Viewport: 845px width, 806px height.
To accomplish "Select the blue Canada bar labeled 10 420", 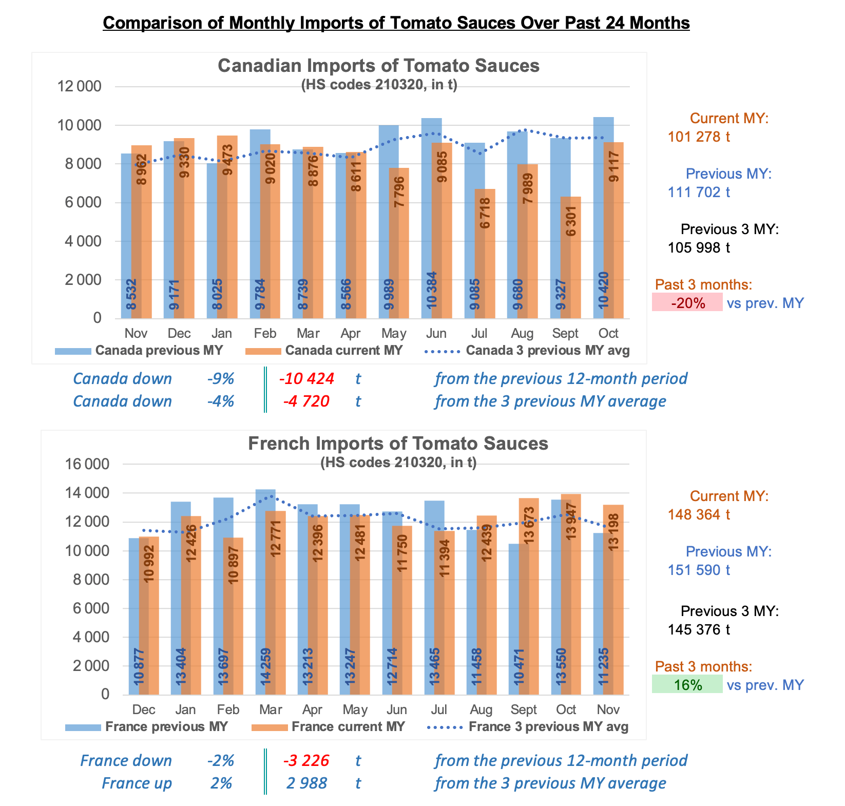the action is (x=603, y=218).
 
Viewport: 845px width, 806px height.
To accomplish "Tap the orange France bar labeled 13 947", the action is (x=571, y=594).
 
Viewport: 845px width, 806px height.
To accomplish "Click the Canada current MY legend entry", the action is (x=324, y=351).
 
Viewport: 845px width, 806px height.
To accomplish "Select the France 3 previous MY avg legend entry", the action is (x=528, y=727).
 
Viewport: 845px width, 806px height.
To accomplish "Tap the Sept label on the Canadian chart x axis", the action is (x=565, y=333).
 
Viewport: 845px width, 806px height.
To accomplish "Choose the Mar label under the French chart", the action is (x=270, y=709).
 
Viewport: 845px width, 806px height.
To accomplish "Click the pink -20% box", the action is (x=687, y=302).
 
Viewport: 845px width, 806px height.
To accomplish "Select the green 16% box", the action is (x=687, y=684).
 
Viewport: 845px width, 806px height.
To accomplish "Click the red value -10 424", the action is (x=306, y=379).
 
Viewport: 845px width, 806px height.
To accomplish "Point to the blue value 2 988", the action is (x=306, y=783).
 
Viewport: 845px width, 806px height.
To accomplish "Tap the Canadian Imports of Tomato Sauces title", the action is (x=379, y=66).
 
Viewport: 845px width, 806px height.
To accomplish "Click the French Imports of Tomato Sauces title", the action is (x=398, y=443).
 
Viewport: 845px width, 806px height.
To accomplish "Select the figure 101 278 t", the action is (x=699, y=137).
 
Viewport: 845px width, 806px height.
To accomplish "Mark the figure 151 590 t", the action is (x=699, y=570).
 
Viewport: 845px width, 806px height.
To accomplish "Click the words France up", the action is (x=137, y=783).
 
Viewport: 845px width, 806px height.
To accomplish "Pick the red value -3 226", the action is (x=306, y=761).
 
